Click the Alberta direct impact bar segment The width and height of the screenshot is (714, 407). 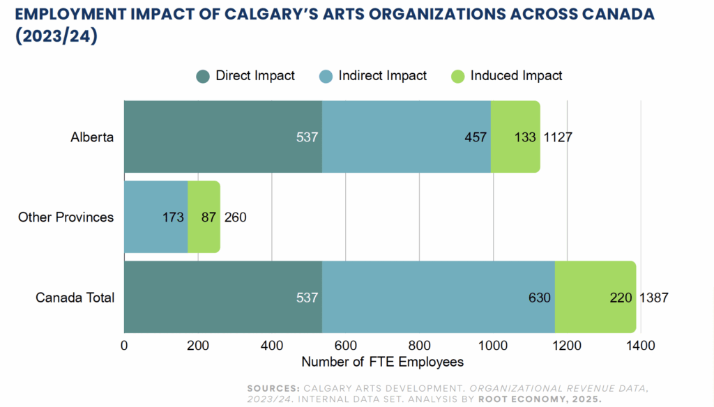pos(223,137)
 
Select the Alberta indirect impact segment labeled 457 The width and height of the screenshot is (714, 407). pos(407,137)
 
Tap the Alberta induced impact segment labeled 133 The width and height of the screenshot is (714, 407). pos(515,137)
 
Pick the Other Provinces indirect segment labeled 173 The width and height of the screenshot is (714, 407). pos(155,217)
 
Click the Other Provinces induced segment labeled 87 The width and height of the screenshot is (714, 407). pos(204,217)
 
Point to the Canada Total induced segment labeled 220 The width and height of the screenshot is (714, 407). pos(595,298)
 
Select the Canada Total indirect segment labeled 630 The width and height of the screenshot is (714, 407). pos(439,298)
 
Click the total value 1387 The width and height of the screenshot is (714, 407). pos(654,298)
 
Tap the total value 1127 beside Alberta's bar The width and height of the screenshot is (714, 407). pos(558,137)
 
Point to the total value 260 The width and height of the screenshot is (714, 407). pos(235,217)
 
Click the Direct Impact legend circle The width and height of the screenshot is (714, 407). pos(203,76)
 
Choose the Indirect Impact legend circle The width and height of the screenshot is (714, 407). pos(326,76)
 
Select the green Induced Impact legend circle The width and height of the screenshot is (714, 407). pos(458,76)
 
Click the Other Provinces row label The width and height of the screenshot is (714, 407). pos(66,217)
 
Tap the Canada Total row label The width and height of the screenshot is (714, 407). pos(75,298)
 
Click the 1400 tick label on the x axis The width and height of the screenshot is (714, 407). pos(640,345)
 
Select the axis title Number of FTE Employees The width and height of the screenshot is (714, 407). pos(382,362)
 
